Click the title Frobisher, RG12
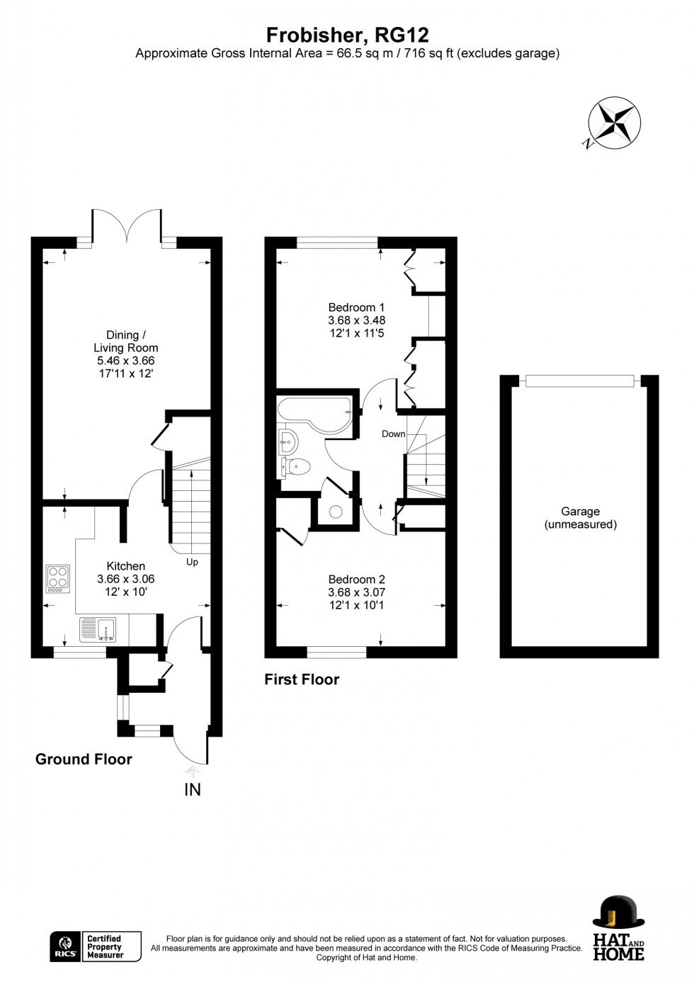pos(347,35)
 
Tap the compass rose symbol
pos(614,123)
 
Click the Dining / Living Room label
pos(126,342)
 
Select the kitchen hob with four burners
pos(58,579)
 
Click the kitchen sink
pos(98,629)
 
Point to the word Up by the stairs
pos(192,562)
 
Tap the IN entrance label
pos(193,789)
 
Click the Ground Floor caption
pos(84,760)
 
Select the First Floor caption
pos(302,679)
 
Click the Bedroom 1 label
pos(356,307)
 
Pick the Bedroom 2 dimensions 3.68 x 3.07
pos(356,592)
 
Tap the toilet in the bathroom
pos(297,465)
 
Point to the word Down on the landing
pos(393,434)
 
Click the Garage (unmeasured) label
pos(580,518)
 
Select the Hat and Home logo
pos(618,928)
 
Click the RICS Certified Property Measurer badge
pos(96,947)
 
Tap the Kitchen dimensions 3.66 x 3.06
pos(125,579)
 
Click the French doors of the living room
pos(127,225)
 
